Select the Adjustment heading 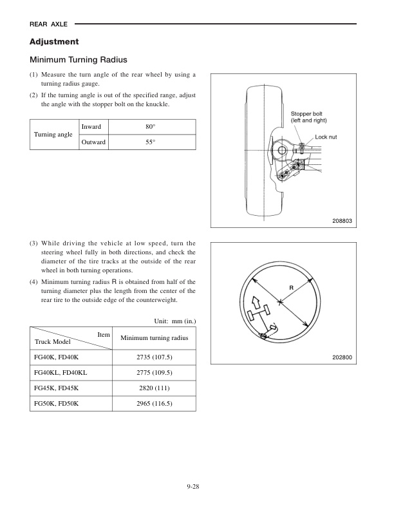tap(54, 42)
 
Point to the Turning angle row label tap(53, 135)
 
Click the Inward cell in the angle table tap(91, 127)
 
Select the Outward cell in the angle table tap(94, 142)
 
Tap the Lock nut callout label tap(326, 137)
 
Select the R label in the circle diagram tap(291, 287)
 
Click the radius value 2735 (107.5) tap(155, 357)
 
